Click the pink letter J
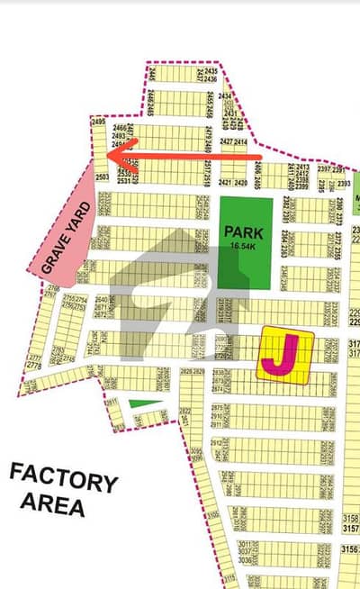283,357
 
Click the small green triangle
135,403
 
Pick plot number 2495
99,122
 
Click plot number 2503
102,177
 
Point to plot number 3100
212,512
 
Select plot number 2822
184,409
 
